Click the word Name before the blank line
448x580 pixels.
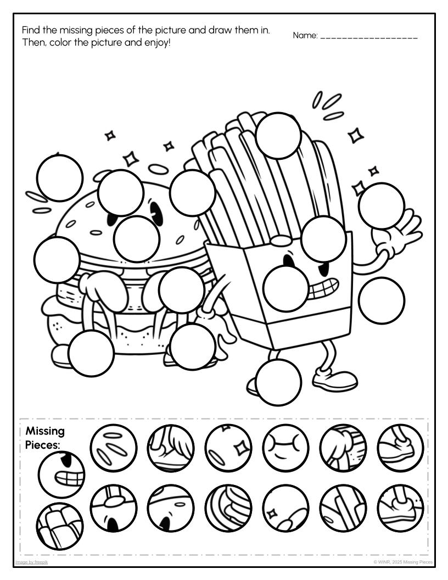pyautogui.click(x=305, y=36)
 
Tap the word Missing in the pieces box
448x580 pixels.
pyautogui.click(x=45, y=431)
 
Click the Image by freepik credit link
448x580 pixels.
pyautogui.click(x=31, y=562)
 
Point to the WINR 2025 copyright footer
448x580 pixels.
pyautogui.click(x=403, y=562)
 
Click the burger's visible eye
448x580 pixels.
pyautogui.click(x=157, y=213)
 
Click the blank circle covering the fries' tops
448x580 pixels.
pyautogui.click(x=278, y=135)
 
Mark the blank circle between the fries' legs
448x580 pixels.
pyautogui.click(x=278, y=382)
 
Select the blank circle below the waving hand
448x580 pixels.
pyautogui.click(x=382, y=300)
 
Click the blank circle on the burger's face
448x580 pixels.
pyautogui.click(x=137, y=239)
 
